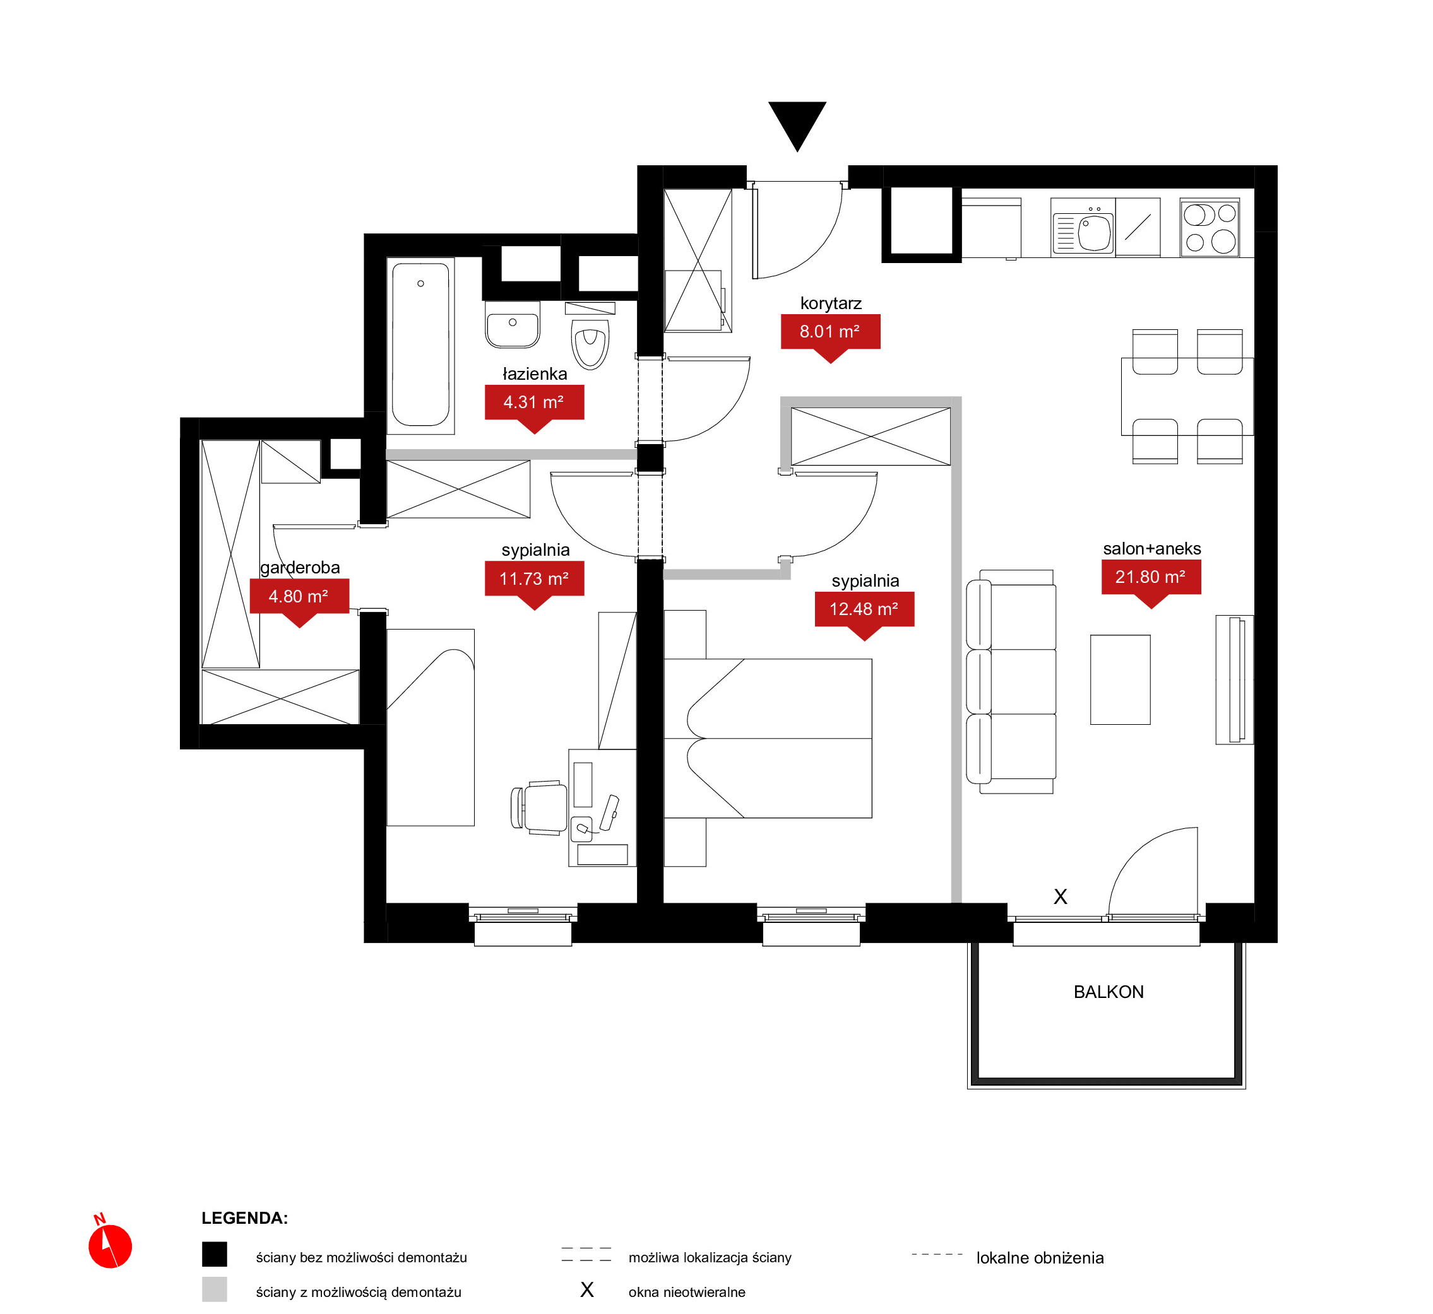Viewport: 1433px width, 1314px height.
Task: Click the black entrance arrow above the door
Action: click(797, 122)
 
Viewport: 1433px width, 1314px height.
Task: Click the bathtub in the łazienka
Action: click(420, 345)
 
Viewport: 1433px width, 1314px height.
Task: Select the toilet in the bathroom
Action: click(590, 337)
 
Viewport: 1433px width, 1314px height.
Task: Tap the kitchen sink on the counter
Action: click(1083, 228)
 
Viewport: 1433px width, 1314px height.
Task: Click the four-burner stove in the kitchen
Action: click(1210, 228)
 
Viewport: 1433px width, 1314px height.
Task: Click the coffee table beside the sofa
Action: click(1120, 680)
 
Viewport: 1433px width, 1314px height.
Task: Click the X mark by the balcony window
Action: click(1060, 896)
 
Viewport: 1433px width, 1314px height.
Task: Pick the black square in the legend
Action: click(214, 1254)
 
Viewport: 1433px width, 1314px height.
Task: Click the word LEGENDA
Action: click(244, 1218)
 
